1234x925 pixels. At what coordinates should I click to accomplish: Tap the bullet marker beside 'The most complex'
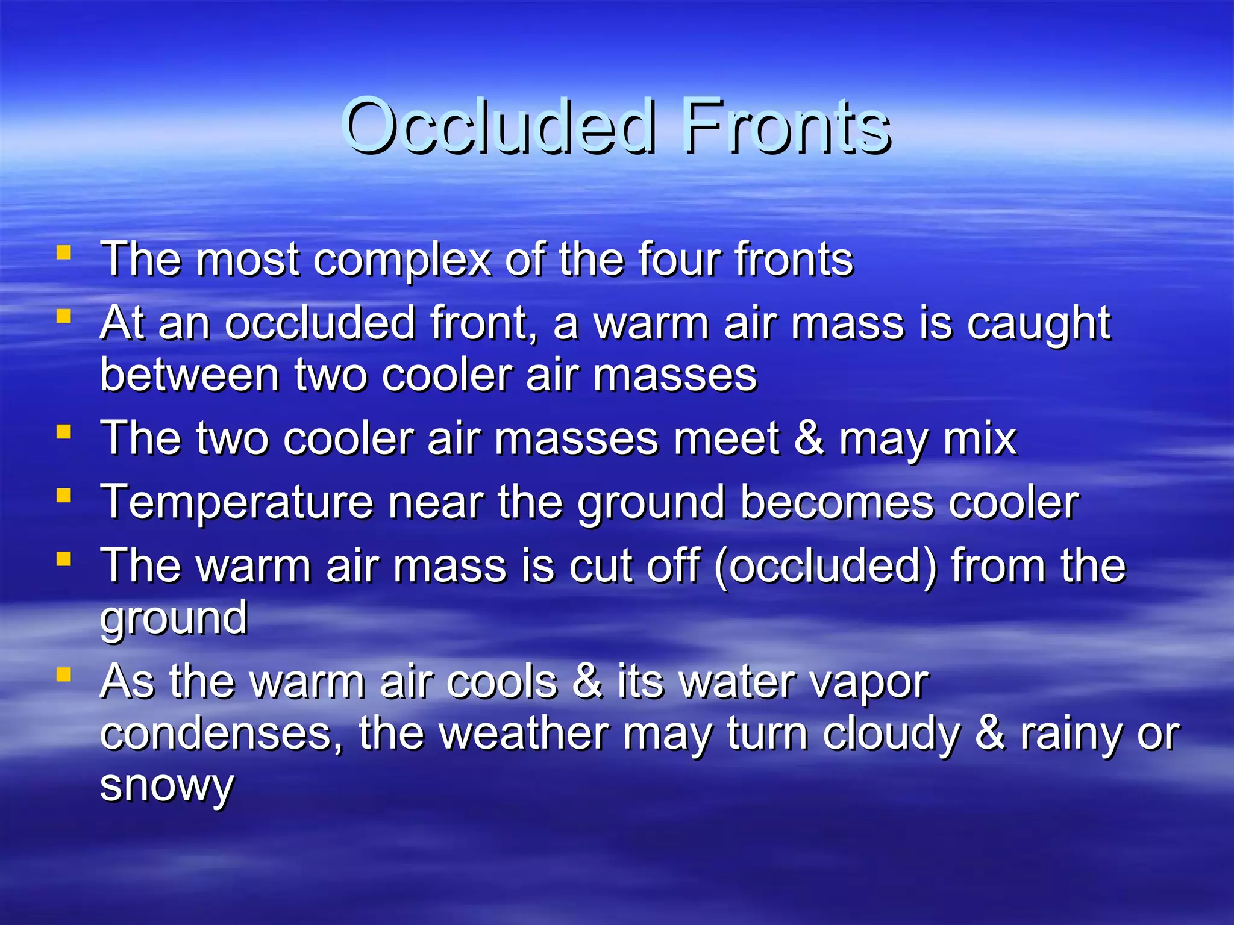tap(64, 252)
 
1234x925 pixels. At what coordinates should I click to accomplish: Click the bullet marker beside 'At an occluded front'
tap(64, 316)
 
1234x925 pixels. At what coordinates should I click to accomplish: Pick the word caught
tap(1038, 324)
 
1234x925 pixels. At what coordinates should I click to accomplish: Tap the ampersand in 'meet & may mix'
tap(809, 438)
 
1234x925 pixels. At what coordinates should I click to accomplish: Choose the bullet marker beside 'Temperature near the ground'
tap(64, 496)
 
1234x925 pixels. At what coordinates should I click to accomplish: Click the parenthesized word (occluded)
tap(825, 567)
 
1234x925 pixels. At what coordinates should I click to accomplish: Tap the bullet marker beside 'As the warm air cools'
tap(64, 674)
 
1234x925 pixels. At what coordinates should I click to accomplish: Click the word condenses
tap(221, 733)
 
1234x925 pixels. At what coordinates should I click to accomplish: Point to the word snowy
tap(167, 786)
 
